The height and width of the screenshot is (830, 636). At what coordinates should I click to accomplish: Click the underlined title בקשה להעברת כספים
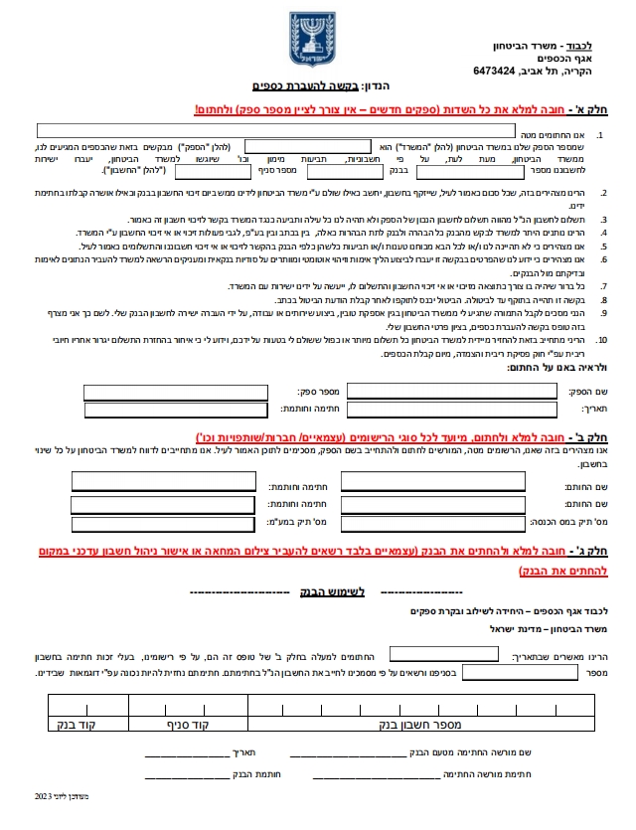point(288,88)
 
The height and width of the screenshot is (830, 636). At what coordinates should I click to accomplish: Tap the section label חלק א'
point(606,108)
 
